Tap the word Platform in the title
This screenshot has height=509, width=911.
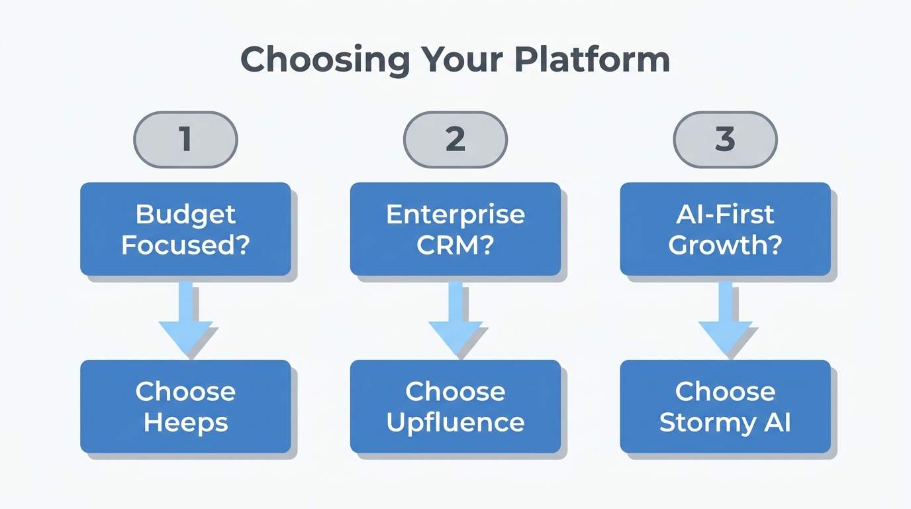(592, 60)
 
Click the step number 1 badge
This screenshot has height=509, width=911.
(185, 139)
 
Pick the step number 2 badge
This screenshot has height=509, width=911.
(455, 139)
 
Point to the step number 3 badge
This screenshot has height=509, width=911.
(725, 139)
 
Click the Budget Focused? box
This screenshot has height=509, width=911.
(185, 229)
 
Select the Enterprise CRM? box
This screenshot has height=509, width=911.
(455, 229)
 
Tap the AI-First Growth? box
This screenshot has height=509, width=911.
(725, 229)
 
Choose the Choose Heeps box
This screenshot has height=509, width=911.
(185, 406)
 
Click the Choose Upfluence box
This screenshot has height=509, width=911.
(455, 406)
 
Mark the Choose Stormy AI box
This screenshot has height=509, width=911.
(725, 406)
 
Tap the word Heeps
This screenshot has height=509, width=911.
(185, 422)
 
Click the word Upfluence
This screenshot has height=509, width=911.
(455, 422)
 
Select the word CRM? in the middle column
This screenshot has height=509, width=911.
(455, 245)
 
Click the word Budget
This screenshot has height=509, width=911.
(185, 214)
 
